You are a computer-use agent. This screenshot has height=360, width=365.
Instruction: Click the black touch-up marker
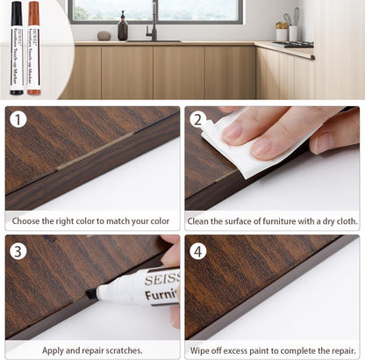[16, 47]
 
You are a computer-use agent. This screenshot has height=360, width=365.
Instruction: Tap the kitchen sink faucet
[154, 21]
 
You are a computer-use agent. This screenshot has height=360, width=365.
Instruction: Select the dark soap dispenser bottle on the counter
[123, 28]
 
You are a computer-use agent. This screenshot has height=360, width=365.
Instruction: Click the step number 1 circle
[18, 119]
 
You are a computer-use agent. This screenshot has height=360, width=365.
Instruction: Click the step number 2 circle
[198, 119]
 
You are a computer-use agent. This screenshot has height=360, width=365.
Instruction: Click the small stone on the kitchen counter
[104, 36]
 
